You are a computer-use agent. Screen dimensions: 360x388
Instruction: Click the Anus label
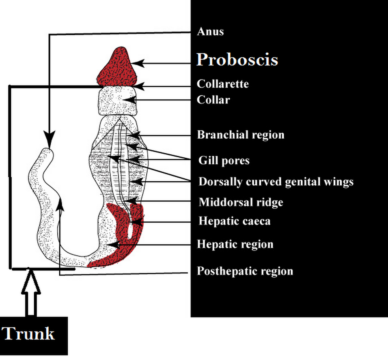(210, 32)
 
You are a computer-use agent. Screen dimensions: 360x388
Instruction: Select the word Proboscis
(237, 60)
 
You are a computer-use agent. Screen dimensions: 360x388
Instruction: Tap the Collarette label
(222, 84)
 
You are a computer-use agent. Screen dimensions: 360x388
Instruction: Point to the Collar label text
(213, 100)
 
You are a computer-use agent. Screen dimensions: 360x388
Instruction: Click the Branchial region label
(241, 135)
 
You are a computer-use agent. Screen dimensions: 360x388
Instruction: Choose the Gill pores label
(224, 161)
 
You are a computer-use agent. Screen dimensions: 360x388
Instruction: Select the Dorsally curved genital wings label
(276, 182)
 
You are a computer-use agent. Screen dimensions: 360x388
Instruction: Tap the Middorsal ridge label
(241, 202)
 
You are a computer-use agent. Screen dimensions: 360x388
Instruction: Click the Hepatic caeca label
(234, 221)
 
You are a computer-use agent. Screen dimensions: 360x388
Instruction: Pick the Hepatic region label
(235, 244)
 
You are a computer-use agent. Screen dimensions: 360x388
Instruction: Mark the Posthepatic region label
(245, 271)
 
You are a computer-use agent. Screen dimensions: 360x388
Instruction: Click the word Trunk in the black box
(28, 334)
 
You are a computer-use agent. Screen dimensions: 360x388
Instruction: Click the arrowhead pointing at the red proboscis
(138, 63)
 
